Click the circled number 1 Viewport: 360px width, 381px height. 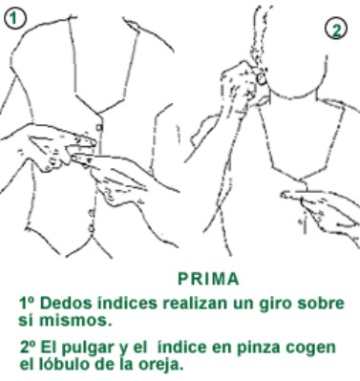pos(14,17)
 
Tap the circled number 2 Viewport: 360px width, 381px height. pos(336,29)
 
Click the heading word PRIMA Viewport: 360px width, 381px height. pos(208,280)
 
